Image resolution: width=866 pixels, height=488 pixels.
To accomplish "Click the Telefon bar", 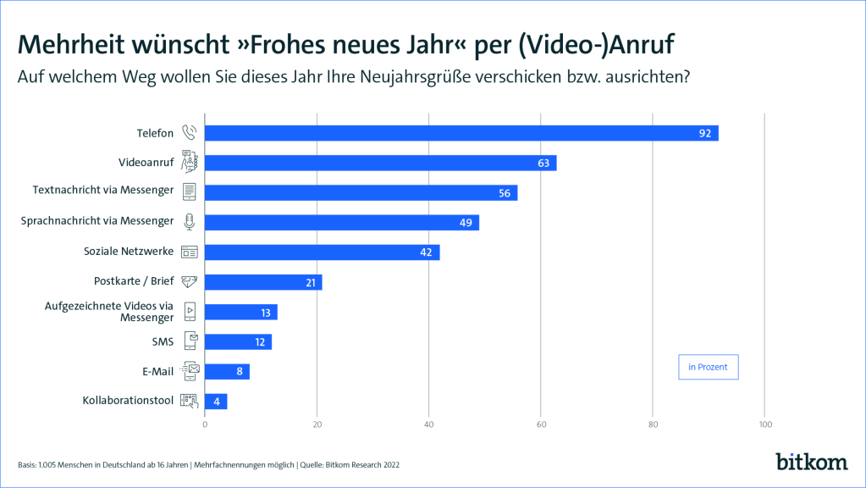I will click(461, 133).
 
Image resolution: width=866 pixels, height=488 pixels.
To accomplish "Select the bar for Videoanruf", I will click(381, 163).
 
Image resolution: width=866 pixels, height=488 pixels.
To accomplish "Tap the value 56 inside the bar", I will click(505, 193).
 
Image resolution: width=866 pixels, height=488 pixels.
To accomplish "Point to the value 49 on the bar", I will click(466, 223).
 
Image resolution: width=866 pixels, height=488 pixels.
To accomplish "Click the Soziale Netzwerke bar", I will click(322, 252).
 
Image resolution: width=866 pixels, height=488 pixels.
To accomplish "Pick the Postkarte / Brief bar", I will click(263, 282).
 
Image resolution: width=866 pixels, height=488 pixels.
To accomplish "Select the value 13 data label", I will click(265, 313).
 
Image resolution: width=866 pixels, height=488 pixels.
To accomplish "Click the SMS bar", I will click(238, 342).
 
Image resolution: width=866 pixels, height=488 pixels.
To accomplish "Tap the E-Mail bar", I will click(227, 371).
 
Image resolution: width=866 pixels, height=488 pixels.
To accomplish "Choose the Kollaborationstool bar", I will click(216, 402).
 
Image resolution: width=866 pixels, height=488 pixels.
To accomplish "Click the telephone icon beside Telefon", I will click(190, 133).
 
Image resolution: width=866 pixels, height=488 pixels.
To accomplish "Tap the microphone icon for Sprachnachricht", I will click(190, 222).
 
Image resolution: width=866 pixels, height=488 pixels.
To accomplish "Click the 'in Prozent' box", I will click(708, 367).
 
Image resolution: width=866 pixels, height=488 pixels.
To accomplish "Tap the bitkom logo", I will click(811, 461).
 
